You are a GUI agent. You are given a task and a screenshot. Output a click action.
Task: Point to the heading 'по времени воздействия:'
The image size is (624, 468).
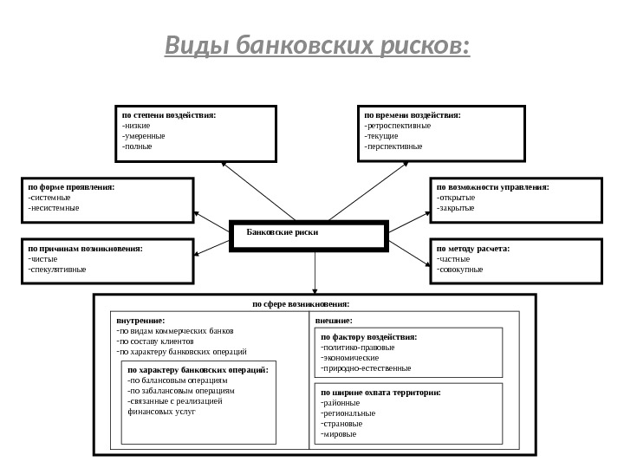coord(413,114)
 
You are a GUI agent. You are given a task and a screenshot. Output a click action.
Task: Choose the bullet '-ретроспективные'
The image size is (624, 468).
coord(397,125)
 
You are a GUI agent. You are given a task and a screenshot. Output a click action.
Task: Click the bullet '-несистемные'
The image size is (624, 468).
coord(54,208)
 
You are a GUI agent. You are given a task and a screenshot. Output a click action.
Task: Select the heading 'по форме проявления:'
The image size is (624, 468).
coord(71,186)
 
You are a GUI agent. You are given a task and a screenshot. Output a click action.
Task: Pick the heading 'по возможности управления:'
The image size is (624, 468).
coord(492,186)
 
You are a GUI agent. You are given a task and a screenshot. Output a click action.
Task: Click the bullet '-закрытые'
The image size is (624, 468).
coord(456,208)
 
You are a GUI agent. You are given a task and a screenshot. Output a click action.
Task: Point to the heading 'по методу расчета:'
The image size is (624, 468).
coord(473,248)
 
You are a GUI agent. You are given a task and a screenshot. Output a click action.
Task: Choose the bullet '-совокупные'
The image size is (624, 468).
coord(460,270)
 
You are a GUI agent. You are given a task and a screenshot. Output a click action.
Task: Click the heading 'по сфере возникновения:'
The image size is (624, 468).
coord(301,304)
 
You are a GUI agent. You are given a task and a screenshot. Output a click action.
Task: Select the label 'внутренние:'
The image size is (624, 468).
coord(140,321)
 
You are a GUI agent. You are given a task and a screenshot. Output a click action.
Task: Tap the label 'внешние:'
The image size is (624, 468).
coord(334,321)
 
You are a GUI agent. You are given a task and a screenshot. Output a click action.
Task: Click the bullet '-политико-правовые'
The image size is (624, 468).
coord(357,347)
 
